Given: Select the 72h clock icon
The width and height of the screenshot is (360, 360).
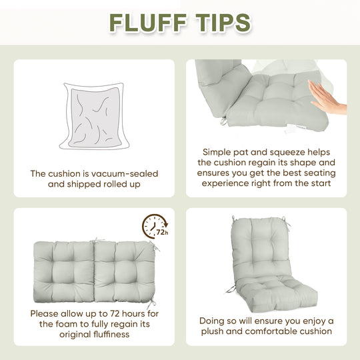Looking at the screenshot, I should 155,227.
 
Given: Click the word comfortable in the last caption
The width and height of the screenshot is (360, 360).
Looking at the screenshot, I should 261,331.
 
